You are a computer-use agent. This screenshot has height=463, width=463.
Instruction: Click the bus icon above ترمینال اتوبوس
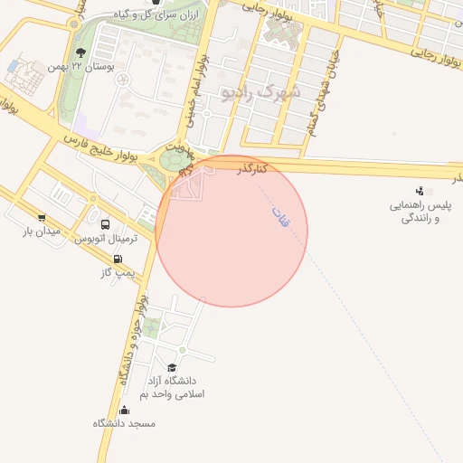(106, 224)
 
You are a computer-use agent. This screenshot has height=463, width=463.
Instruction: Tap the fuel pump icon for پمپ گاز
(118, 259)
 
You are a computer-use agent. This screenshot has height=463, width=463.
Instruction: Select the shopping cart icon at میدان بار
(42, 218)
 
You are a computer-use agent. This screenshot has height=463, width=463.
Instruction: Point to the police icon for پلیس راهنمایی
(420, 191)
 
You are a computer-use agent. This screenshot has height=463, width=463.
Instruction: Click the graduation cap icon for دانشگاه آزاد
(172, 366)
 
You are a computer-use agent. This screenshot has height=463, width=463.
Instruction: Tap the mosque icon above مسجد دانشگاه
(124, 410)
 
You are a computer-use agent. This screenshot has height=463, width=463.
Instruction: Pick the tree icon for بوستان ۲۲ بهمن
(81, 52)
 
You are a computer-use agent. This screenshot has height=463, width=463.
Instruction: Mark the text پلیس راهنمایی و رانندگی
(420, 212)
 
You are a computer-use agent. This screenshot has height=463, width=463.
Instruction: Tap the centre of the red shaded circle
(231, 231)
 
